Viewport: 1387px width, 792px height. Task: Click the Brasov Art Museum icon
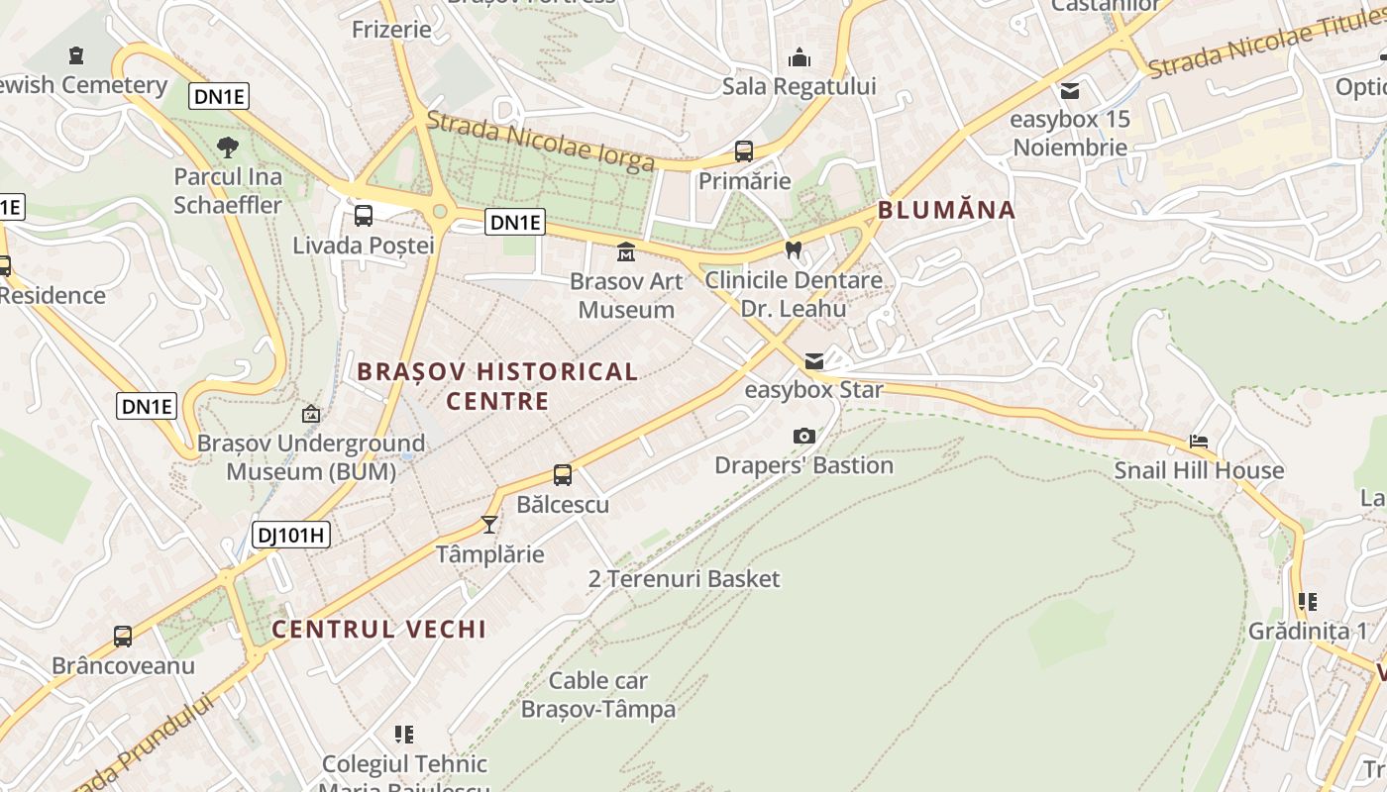click(x=626, y=252)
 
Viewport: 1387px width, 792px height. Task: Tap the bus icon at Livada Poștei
click(x=364, y=216)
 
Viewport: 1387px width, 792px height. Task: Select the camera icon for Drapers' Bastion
click(x=804, y=436)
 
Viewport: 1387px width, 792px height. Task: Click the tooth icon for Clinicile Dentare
click(x=793, y=249)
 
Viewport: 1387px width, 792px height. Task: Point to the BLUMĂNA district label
click(x=946, y=210)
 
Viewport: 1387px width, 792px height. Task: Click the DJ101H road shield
click(x=290, y=536)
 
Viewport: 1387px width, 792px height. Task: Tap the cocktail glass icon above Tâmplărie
click(x=488, y=524)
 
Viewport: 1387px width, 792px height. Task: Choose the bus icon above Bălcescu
click(x=563, y=475)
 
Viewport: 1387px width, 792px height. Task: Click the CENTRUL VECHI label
click(x=378, y=629)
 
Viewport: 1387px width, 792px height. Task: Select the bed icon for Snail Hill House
click(x=1199, y=441)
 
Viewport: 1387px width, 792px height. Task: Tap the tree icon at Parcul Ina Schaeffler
click(x=228, y=148)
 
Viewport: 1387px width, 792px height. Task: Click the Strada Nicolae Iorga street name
click(x=540, y=141)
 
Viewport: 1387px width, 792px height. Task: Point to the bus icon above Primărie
click(x=744, y=151)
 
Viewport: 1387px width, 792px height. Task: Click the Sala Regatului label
click(x=799, y=86)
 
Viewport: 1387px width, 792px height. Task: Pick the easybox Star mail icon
click(x=813, y=361)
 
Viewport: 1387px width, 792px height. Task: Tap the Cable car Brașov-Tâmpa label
click(x=598, y=695)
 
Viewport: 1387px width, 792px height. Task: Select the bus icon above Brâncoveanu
click(x=123, y=637)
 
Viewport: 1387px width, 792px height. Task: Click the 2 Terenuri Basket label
click(x=684, y=579)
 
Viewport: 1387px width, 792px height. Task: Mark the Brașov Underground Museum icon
click(x=311, y=414)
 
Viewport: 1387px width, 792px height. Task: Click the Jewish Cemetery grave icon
click(x=77, y=55)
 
